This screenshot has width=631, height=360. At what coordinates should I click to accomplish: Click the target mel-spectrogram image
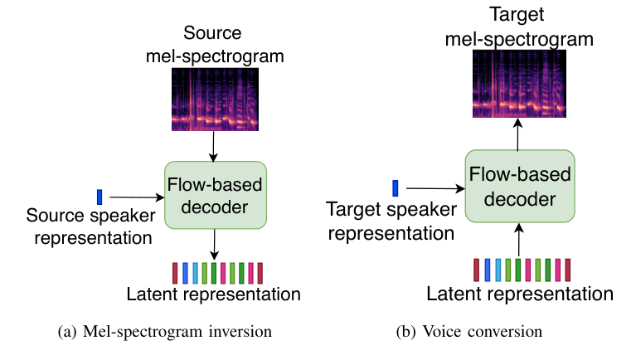[518, 81]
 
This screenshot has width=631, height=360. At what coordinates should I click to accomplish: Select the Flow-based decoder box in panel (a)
[216, 194]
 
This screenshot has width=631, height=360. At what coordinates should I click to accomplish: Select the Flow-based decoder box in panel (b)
[519, 186]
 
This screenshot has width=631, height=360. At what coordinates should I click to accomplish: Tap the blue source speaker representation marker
[100, 197]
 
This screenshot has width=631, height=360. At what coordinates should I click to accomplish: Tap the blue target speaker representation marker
[396, 187]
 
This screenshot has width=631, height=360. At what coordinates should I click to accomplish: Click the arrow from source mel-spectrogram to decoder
[215, 146]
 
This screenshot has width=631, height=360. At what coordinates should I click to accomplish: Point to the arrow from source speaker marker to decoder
[136, 197]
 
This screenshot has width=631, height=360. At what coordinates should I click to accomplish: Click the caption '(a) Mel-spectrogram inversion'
[165, 332]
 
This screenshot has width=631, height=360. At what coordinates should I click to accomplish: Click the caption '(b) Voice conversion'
[469, 332]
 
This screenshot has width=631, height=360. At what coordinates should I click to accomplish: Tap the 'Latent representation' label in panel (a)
[213, 294]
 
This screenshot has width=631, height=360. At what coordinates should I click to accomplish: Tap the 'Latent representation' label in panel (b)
[520, 293]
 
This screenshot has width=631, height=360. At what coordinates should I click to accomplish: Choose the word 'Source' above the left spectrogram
[212, 34]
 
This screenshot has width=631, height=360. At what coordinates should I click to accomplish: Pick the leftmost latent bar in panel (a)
[175, 273]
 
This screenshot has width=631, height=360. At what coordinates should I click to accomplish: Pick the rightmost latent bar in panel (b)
[568, 270]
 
